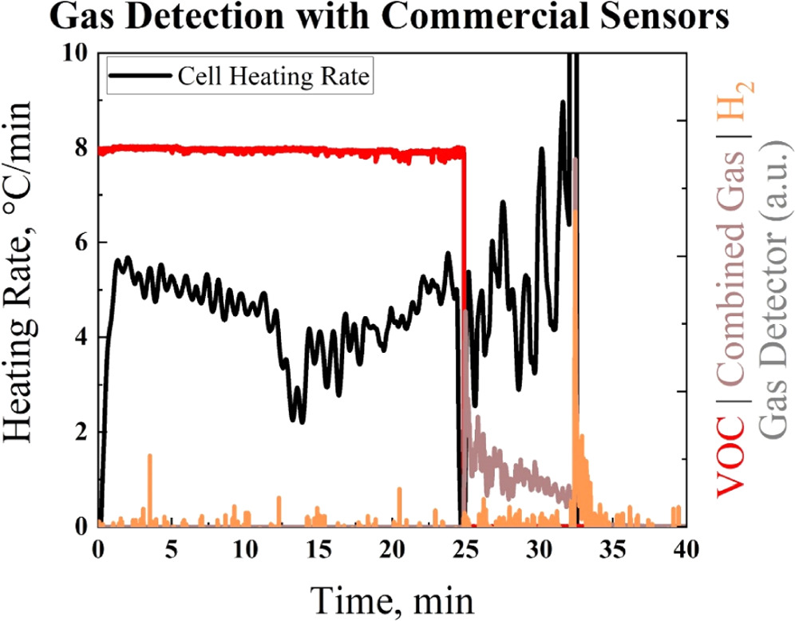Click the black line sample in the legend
[x=142, y=77]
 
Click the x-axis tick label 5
[x=172, y=550]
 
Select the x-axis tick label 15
[x=318, y=550]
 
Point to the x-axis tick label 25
[x=465, y=550]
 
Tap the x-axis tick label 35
[x=612, y=550]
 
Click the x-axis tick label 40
[x=686, y=550]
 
